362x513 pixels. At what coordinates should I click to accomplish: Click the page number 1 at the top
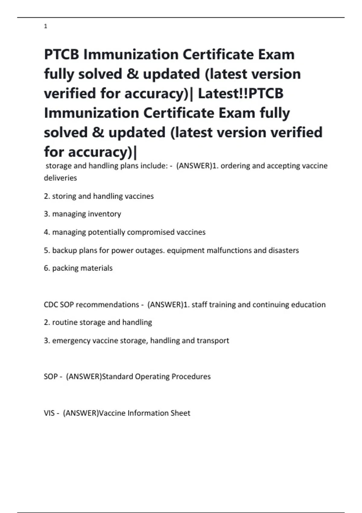[46, 27]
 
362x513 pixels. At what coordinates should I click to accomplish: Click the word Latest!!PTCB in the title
[240, 93]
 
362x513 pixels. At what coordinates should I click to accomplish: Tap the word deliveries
[60, 178]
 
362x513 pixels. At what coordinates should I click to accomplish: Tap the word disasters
[284, 250]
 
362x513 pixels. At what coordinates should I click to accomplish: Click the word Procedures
[191, 377]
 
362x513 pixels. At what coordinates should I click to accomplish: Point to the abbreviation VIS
[49, 413]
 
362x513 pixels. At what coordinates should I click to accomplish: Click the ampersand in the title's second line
[132, 74]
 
